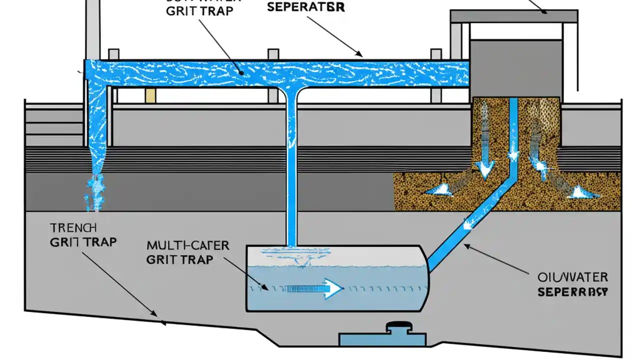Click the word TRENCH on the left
(73, 228)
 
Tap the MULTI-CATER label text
(188, 245)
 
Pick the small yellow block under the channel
(150, 95)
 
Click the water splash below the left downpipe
(94, 192)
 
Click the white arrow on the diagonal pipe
(468, 223)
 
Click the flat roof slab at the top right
(514, 16)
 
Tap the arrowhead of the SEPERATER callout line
(358, 54)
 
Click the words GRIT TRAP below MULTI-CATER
(179, 259)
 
